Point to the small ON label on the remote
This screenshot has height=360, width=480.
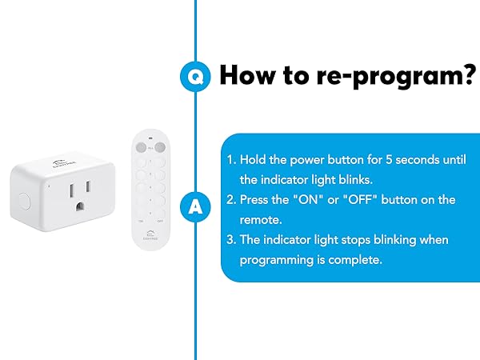142,219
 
